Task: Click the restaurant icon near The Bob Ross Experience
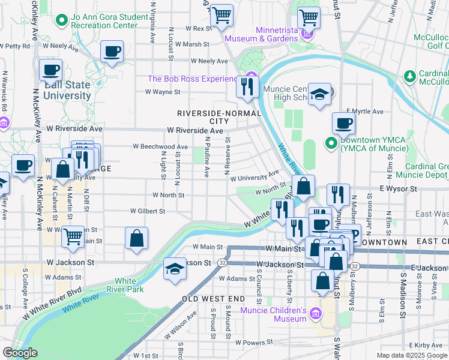tap(247, 87)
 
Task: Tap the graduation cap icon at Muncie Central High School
tap(320, 94)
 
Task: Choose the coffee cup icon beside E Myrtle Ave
tap(343, 124)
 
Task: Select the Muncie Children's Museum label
tap(274, 314)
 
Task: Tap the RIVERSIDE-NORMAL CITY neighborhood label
tap(219, 117)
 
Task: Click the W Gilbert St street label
tap(149, 211)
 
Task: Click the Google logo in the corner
tap(20, 353)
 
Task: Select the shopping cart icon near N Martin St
tap(73, 235)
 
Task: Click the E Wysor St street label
tap(399, 188)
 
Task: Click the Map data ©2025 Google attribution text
tap(412, 355)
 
